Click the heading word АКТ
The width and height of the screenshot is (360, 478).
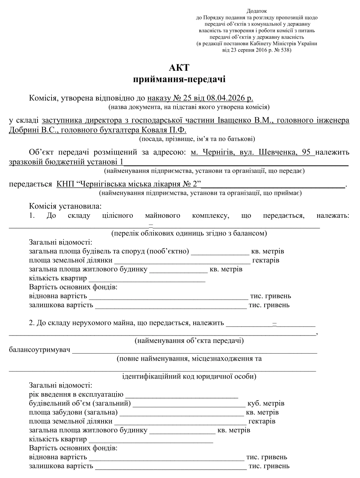coord(179,67)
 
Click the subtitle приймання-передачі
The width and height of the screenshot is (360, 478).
coord(179,79)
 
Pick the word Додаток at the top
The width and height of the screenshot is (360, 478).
coord(256,11)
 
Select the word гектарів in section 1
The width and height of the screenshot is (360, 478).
coord(266,261)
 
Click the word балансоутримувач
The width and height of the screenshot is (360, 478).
coord(40,350)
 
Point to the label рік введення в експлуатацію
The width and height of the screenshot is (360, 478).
coord(76,394)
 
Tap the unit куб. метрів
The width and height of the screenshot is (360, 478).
coord(266,403)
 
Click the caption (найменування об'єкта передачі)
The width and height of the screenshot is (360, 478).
coord(189,341)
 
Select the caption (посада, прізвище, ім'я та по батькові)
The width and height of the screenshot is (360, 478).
coord(197,139)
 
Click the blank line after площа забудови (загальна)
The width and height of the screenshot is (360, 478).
coord(182,413)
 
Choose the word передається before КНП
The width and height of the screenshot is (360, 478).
coord(30,184)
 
